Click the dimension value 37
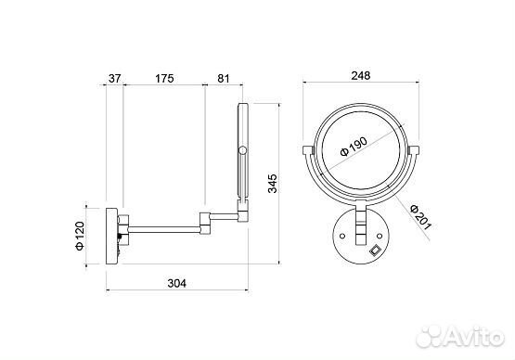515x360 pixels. point(115,79)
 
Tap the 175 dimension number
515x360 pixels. point(164,79)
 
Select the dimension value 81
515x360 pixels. point(224,79)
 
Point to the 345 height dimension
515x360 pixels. point(273,184)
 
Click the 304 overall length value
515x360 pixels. point(176,283)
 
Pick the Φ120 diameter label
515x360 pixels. point(80,237)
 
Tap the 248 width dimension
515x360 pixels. point(361,75)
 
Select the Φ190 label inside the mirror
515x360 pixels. point(354,147)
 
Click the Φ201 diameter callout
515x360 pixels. point(420,217)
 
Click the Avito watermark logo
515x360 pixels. point(460,336)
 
